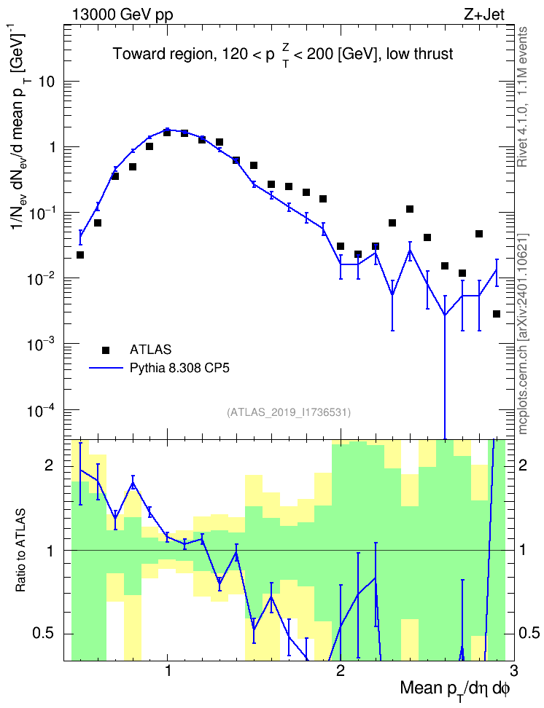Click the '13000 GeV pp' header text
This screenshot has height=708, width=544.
pos(123,15)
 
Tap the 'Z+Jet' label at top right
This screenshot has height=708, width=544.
pos(484,15)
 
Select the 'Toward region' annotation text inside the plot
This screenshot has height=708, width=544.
pos(163,55)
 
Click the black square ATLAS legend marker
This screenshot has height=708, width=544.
pos(106,350)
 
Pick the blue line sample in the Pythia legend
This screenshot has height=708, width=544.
pos(106,369)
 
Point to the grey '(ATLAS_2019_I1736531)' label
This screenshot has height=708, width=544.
pos(289,412)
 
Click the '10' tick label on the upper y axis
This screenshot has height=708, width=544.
pos(46,82)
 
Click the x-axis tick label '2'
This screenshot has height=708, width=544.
pos(341,671)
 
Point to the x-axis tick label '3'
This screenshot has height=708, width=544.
pos(513,671)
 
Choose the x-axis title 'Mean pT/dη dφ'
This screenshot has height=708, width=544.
pos(455,688)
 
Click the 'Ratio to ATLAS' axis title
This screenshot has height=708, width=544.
pos(20,551)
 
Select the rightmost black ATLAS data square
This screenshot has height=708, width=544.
pos(497,314)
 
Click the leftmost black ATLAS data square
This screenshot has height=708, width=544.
pos(80,255)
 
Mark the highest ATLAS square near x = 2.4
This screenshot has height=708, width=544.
pos(410,209)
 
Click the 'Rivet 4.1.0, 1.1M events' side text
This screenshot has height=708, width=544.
pos(523,97)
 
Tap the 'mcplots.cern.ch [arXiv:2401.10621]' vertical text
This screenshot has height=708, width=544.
pos(523,334)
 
